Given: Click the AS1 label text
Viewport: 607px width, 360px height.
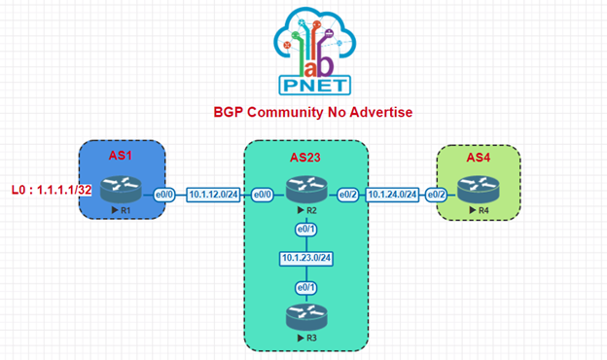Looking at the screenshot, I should [122, 157].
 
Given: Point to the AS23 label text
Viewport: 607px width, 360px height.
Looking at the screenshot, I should [306, 157].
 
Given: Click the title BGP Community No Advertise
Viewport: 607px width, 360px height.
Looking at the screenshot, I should [313, 113].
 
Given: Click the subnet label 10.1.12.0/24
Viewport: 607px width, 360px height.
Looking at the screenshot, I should [215, 195].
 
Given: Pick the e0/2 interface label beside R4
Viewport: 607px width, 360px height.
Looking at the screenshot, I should [438, 195].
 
